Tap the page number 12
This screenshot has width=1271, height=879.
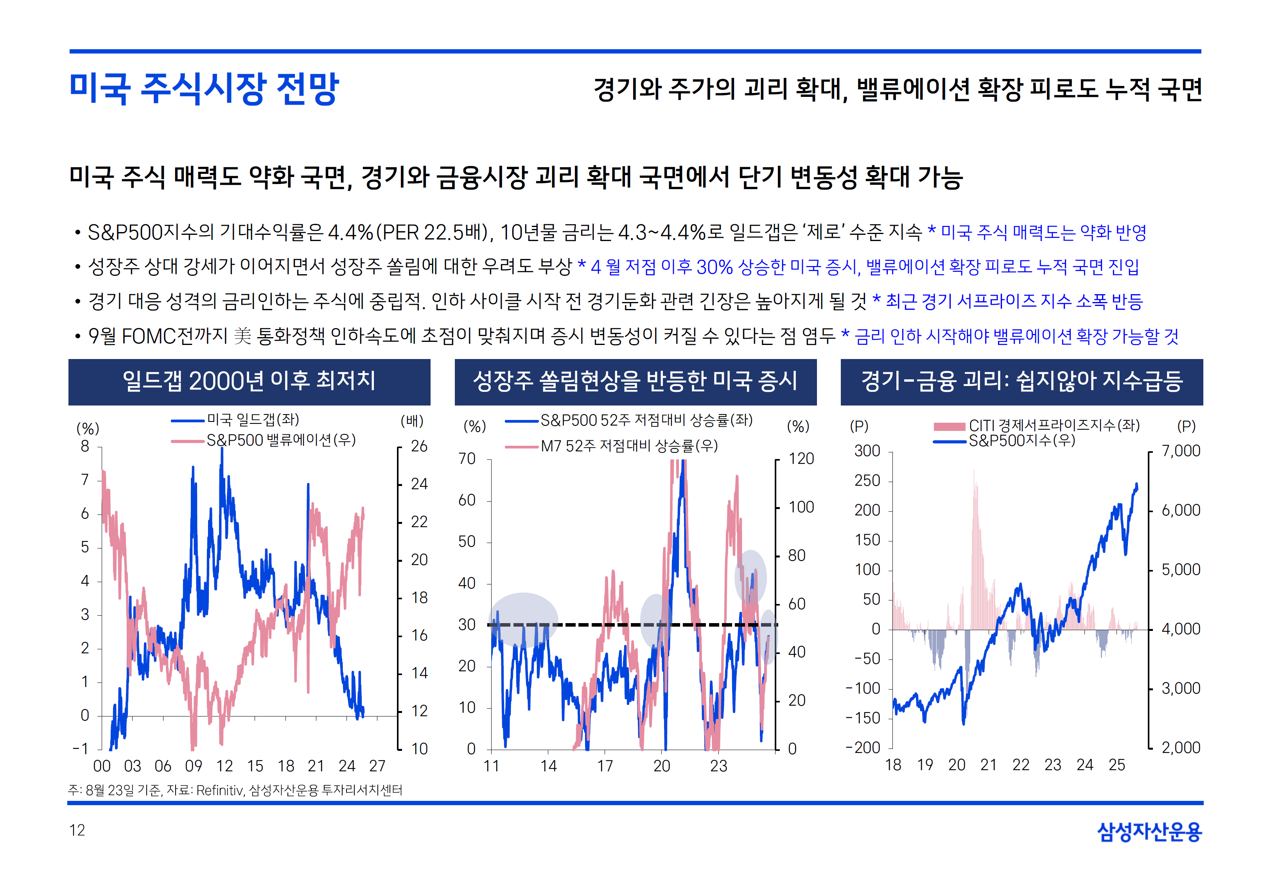[x=77, y=830]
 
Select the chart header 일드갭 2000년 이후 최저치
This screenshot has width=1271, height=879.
[x=249, y=381]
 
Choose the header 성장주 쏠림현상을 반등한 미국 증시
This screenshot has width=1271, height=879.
[x=635, y=381]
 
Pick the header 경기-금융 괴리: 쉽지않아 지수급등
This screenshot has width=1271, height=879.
[x=1021, y=381]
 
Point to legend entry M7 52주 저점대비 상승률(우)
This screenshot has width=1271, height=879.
[x=629, y=446]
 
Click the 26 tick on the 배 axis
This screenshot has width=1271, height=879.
[x=419, y=447]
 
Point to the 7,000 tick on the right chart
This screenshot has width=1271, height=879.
[x=1181, y=451]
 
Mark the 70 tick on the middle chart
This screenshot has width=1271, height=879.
[x=467, y=459]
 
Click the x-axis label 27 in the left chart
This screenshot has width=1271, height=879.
[x=377, y=766]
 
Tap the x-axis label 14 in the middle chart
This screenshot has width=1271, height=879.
[x=548, y=766]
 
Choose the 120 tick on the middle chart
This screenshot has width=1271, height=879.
[x=801, y=459]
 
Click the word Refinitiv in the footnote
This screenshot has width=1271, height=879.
[x=219, y=791]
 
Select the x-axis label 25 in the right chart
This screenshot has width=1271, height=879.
[x=1117, y=765]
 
